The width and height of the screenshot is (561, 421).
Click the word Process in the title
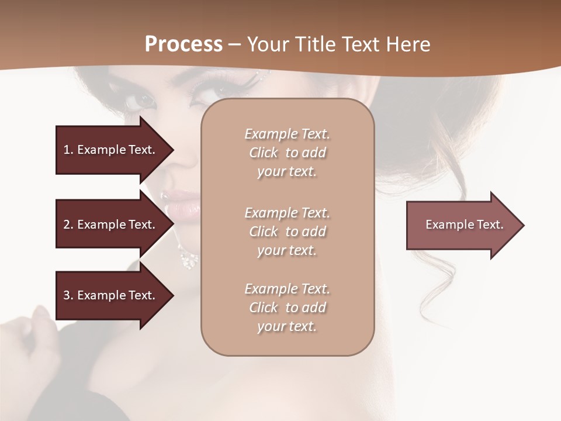[183, 44]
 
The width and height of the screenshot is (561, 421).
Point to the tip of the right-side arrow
[523, 225]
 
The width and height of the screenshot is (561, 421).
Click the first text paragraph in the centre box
[287, 153]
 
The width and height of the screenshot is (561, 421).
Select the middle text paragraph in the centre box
[287, 232]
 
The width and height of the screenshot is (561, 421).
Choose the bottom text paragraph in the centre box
[287, 308]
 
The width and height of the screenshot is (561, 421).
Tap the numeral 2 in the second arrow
[67, 225]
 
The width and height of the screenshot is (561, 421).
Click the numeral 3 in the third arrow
[67, 295]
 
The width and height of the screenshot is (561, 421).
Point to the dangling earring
[189, 258]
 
